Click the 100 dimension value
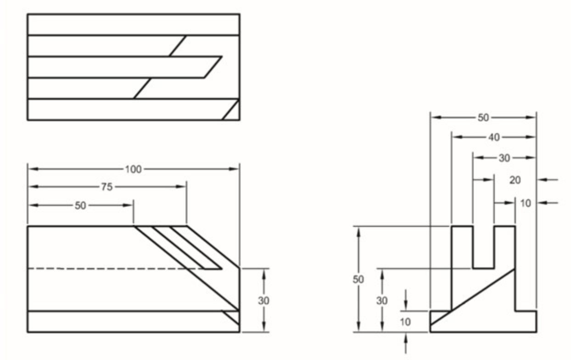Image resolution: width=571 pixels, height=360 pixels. click(134, 169)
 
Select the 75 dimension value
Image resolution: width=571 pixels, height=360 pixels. click(107, 186)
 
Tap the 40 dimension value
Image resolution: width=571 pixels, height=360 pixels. click(494, 137)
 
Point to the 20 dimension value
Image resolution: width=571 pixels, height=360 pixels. click(515, 180)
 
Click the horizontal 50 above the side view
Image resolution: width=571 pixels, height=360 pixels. click(483, 118)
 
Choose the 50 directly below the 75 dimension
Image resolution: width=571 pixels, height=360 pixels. click(80, 205)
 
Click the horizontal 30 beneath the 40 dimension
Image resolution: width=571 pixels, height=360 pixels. click(504, 158)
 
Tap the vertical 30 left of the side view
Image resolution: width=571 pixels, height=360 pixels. click(382, 300)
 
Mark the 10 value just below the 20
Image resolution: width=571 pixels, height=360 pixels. click(525, 202)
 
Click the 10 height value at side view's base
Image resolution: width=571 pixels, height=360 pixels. click(405, 322)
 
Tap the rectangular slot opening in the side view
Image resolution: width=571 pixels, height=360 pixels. click(483, 248)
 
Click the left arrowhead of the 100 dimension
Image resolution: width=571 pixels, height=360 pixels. click(32, 169)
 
